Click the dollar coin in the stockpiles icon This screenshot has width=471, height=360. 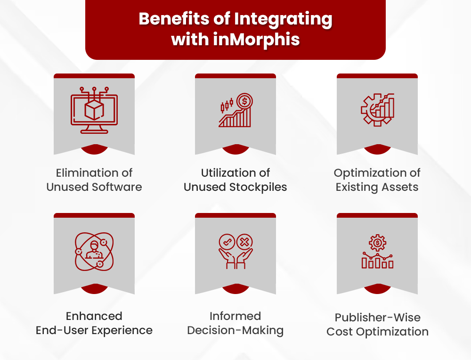click(x=244, y=100)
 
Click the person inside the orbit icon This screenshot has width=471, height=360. click(x=94, y=249)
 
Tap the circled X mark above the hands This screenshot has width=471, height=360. click(x=244, y=243)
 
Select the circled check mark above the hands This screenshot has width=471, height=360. click(x=227, y=243)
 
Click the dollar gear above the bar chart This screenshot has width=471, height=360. click(x=377, y=243)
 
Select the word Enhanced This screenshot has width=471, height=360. click(x=94, y=316)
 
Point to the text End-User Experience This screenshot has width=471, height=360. click(x=94, y=330)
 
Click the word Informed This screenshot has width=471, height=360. click(x=235, y=316)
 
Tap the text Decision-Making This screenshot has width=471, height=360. click(x=235, y=330)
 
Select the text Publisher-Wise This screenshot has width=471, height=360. click(x=377, y=317)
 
